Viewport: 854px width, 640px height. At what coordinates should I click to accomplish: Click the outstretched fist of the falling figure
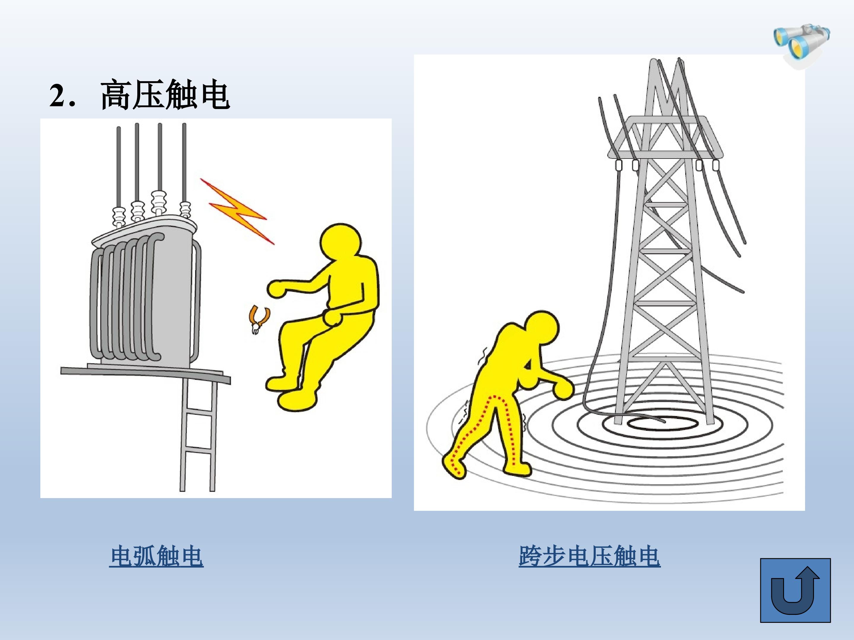pos(277,289)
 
